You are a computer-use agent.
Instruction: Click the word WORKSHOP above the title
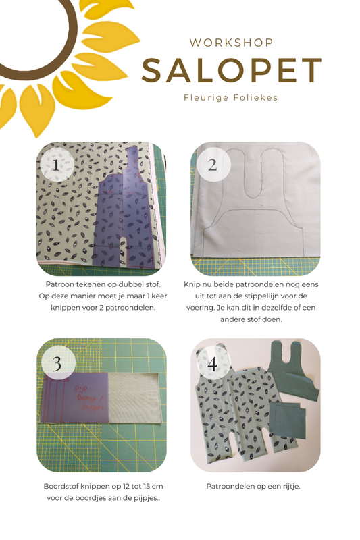(231, 43)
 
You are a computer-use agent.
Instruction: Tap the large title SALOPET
(232, 71)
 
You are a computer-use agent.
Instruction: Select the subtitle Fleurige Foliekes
(231, 97)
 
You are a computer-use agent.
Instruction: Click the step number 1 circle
(57, 165)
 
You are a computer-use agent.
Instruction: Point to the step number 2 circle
(213, 165)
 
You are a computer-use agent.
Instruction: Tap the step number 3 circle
(58, 362)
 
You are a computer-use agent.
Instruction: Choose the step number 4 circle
(213, 363)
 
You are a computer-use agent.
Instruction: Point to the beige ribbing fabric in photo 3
(134, 397)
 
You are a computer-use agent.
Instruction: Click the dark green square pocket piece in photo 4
(288, 420)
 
